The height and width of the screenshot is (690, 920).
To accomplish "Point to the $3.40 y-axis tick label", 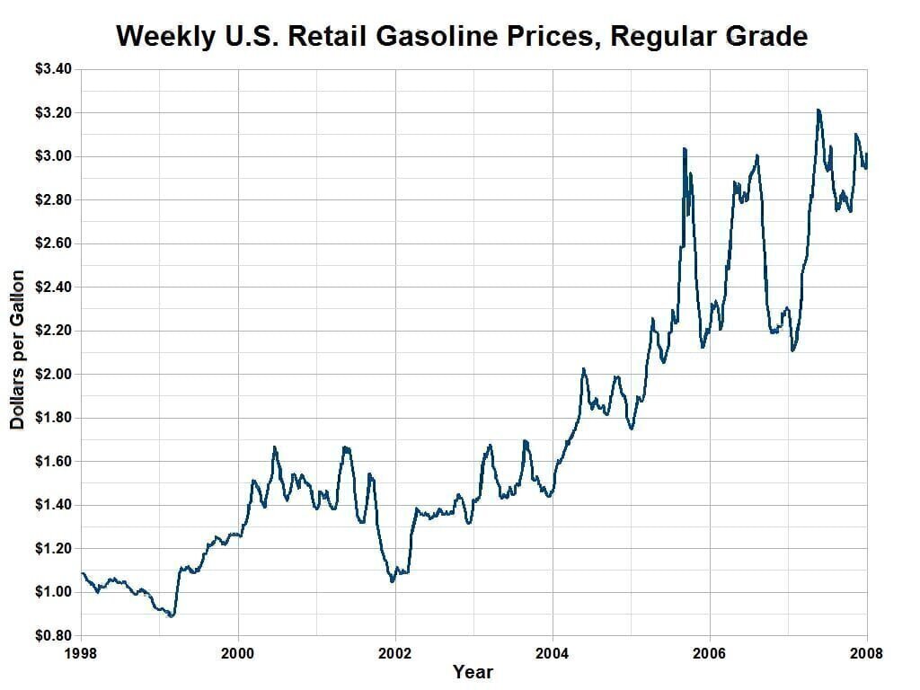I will pos(54,69).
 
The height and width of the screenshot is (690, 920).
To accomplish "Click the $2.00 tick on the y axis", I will pos(54,374).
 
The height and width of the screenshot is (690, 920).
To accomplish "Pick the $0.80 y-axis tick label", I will pos(54,635).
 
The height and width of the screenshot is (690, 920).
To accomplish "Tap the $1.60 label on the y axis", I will pos(54,461).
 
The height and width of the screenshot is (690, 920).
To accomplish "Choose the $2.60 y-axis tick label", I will pos(54,243).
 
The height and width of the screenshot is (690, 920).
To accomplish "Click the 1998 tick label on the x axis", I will pos(81,653).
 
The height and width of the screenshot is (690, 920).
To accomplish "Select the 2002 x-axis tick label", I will pos(395,653).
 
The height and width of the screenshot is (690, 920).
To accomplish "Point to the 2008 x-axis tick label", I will pos(867,653).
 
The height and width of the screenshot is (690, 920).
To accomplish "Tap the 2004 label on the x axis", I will pos(553,653).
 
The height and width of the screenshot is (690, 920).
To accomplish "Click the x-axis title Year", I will pos(473,672).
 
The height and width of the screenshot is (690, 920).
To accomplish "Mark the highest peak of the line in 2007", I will pos(818,111).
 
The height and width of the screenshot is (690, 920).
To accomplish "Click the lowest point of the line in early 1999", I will pos(171,616).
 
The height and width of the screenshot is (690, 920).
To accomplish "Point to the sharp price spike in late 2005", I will pos(685,149).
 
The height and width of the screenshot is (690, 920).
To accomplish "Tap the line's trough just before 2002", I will pos(392,581).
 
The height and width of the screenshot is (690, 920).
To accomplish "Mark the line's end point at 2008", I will pos(867,155).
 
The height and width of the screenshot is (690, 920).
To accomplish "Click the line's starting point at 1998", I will pos(82,573).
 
